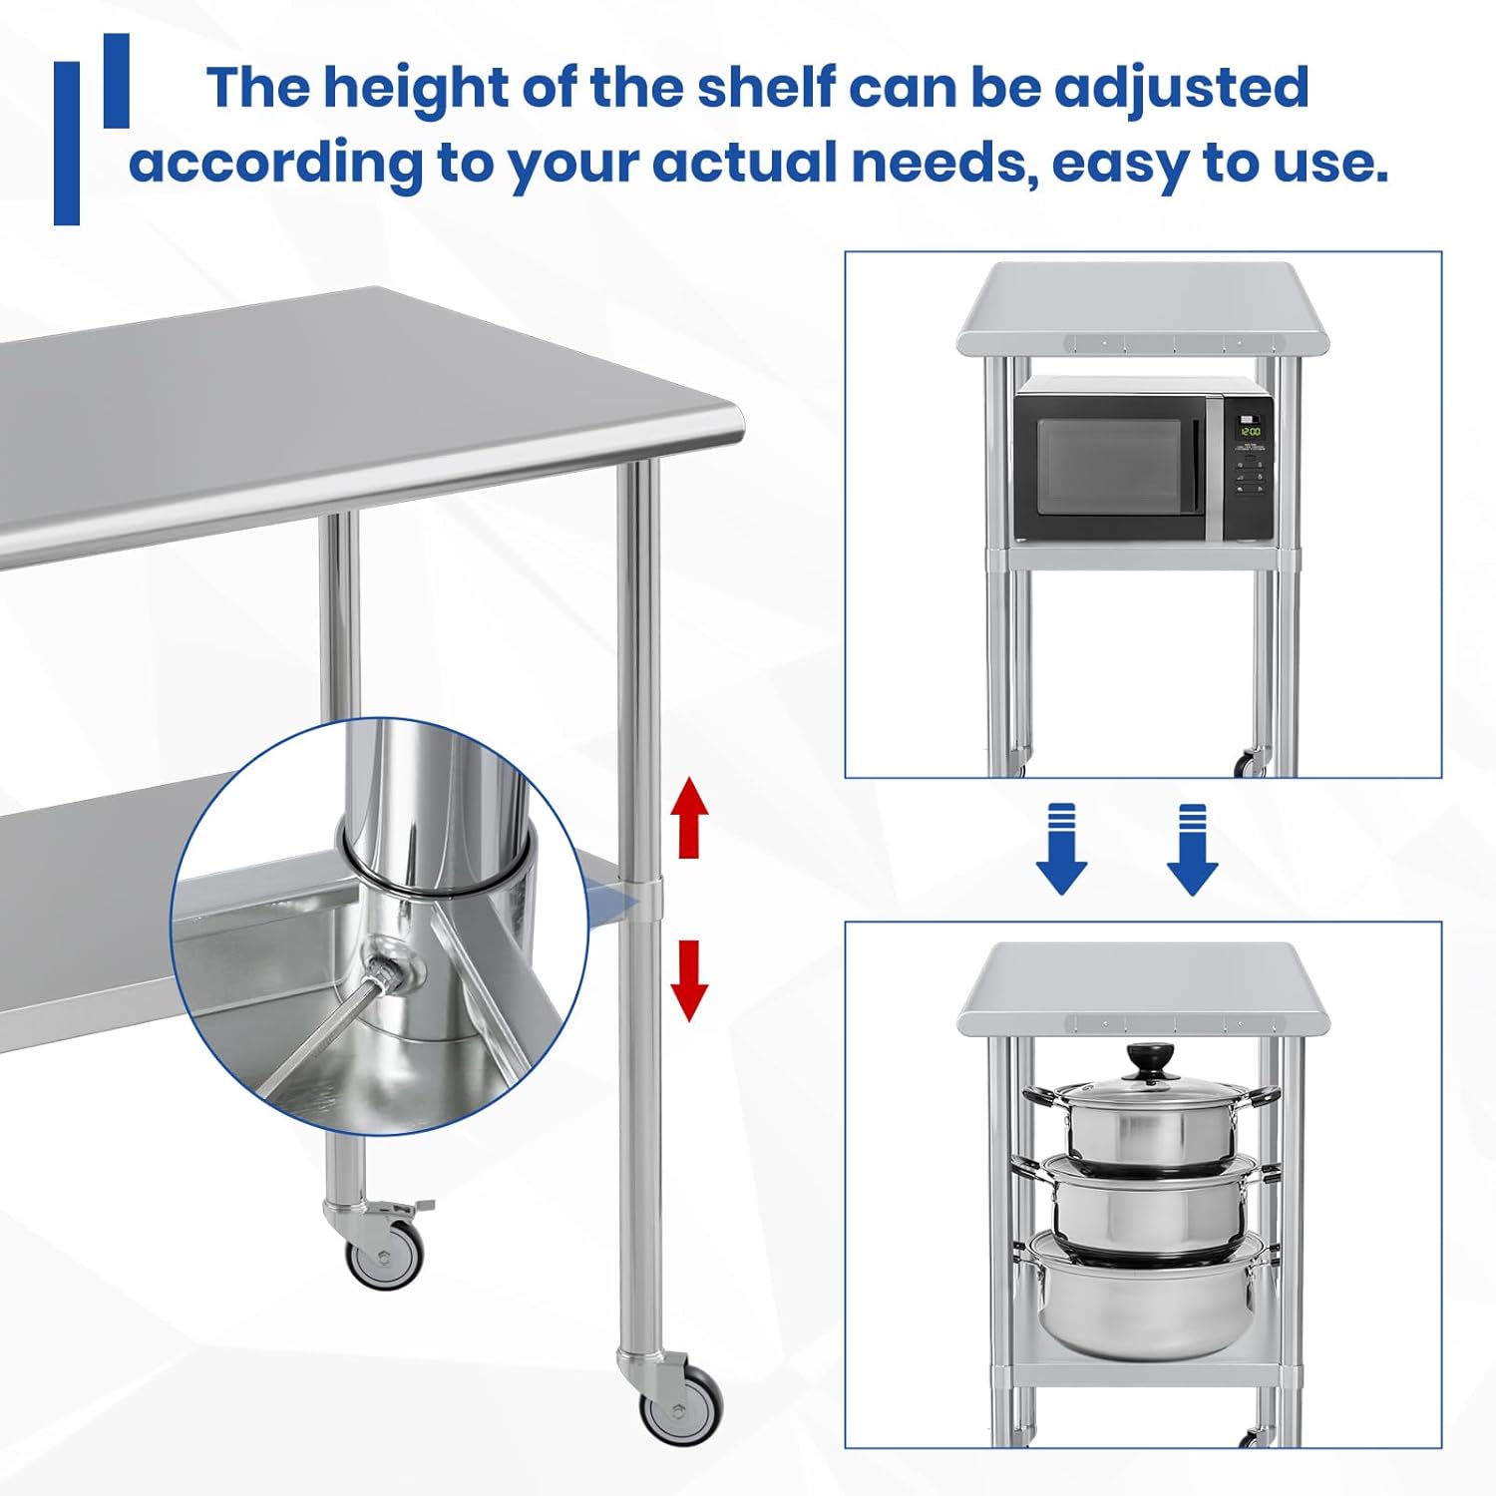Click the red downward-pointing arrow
[688, 981]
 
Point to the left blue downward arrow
[1061, 849]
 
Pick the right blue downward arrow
[1192, 849]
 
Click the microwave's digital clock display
[1250, 431]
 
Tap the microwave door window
[1109, 466]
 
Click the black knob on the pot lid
[1152, 1055]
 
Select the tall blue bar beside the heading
[67, 143]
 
